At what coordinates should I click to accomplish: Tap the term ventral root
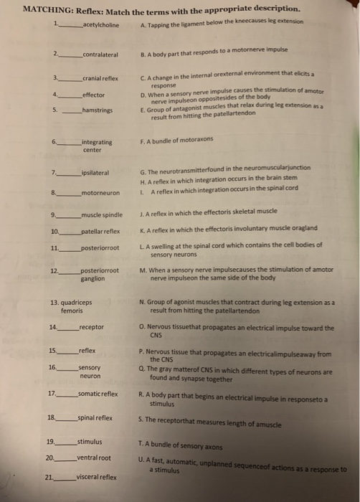(94, 458)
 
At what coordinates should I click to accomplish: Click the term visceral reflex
(97, 476)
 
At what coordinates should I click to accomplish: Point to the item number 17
(51, 394)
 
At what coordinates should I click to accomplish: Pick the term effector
(94, 94)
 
